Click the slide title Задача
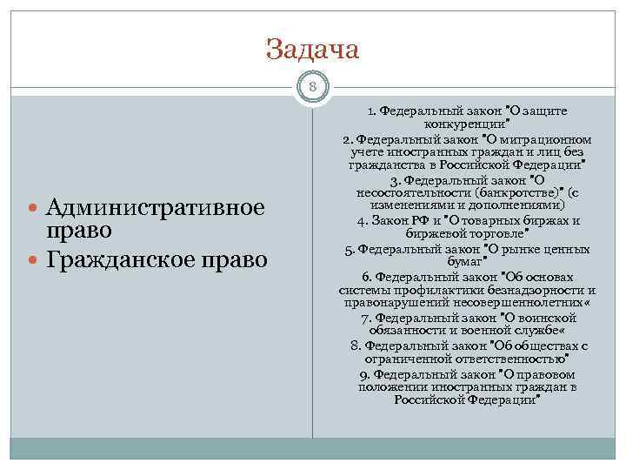[312, 49]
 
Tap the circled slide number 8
[312, 87]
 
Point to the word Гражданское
[119, 259]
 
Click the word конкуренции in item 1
[467, 124]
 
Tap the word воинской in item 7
[546, 319]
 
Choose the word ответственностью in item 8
[517, 359]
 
